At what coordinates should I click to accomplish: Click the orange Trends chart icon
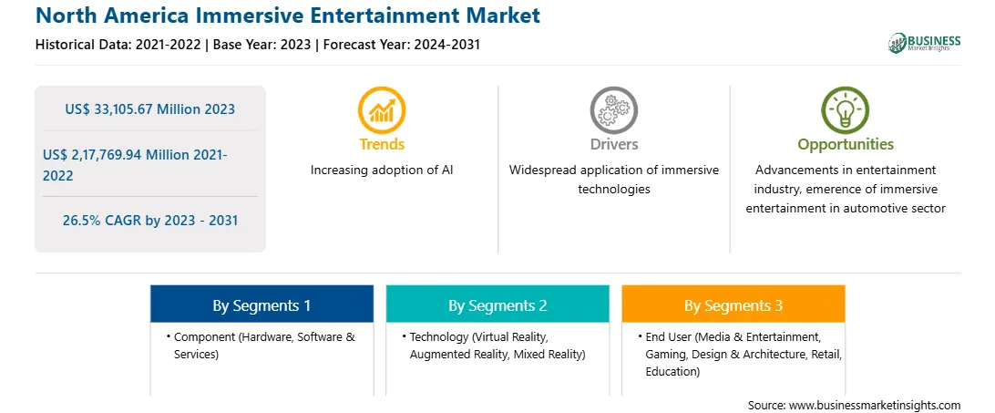pos(382,110)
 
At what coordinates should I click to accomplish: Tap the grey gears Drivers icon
pos(613,110)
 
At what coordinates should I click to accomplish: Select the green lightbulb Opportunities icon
pos(846,110)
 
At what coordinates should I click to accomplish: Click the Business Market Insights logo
pos(925,43)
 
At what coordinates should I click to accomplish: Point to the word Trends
pos(382,144)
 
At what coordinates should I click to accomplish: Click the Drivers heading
pos(614,144)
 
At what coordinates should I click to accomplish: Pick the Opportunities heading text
pos(846,145)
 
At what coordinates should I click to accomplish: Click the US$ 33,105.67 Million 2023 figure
pos(149,109)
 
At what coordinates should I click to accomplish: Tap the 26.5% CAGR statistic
pos(150,222)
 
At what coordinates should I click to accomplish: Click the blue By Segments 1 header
pos(262,305)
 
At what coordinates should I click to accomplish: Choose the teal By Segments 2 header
pos(497,305)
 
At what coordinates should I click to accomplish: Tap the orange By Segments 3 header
pos(733,305)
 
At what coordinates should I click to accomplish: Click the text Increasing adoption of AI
pos(382,170)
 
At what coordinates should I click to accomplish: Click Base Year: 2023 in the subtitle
pos(262,45)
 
